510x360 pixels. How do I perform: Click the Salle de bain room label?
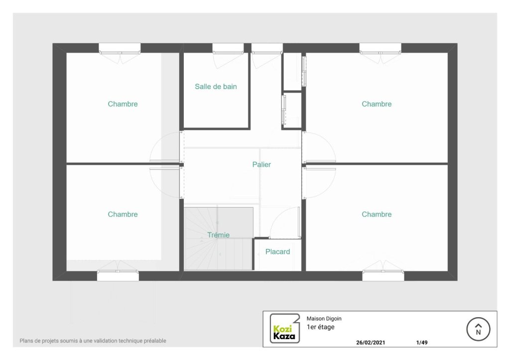pos(216,87)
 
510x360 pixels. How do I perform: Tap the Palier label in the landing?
pos(261,164)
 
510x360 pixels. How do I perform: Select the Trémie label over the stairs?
pos(219,235)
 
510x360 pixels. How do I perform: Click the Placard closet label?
pos(277,252)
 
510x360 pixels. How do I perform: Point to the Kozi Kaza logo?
pos(284,329)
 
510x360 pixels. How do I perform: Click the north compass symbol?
pos(478,329)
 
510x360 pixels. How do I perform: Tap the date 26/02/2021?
pos(371,343)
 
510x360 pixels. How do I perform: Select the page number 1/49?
pos(422,343)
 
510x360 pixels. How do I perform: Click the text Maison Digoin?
pos(324,319)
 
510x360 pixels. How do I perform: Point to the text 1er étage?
pos(320,327)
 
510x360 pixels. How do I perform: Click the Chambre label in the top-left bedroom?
pos(123,104)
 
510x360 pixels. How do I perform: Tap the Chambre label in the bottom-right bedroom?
pos(377,214)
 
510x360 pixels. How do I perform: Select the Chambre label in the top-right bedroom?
pos(377,104)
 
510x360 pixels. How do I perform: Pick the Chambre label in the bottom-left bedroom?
pos(123,214)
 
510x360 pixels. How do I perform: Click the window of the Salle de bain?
pos(228,48)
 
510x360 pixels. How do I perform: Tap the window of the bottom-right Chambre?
pos(383,275)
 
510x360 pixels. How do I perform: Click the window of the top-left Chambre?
pos(120,48)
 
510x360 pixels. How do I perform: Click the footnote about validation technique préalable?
pos(93,341)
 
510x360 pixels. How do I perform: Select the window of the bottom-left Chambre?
pos(118,275)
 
